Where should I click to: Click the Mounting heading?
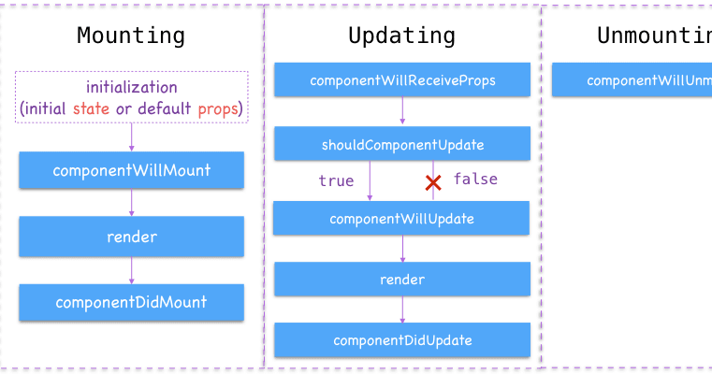[x=131, y=36]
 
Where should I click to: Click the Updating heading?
[x=402, y=36]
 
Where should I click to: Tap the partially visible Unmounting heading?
[x=654, y=36]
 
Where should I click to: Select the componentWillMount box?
[x=131, y=171]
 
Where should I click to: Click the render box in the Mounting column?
[x=131, y=237]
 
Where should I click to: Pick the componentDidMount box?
[x=131, y=302]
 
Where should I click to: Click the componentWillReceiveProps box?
[x=402, y=80]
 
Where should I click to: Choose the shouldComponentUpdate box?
[x=402, y=144]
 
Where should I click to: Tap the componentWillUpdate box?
[x=402, y=219]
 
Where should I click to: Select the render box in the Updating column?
[x=402, y=280]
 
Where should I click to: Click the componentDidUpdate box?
[x=402, y=340]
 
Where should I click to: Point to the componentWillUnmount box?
[x=632, y=80]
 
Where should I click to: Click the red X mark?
[x=433, y=182]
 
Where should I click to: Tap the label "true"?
[x=336, y=181]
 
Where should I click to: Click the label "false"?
[x=475, y=180]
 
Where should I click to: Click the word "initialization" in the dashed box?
[x=131, y=87]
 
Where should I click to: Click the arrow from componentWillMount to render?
[x=131, y=203]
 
